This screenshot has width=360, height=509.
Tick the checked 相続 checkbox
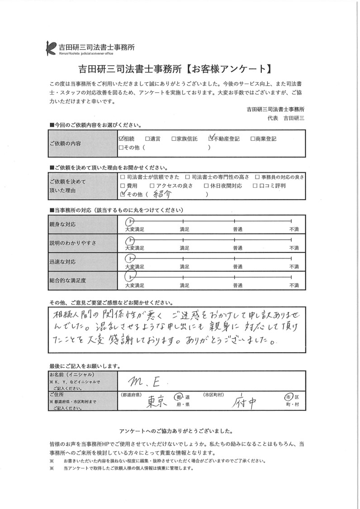click(x=121, y=139)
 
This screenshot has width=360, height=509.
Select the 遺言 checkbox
click(x=147, y=139)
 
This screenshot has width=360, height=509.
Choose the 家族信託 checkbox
click(x=174, y=139)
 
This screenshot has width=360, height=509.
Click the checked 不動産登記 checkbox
click(x=211, y=138)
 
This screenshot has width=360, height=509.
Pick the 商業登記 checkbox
click(x=252, y=139)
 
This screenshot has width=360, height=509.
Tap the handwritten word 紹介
click(x=161, y=194)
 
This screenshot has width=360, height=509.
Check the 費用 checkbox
click(x=123, y=186)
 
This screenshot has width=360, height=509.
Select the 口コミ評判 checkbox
click(x=255, y=186)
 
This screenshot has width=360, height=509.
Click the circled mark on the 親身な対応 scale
click(x=129, y=221)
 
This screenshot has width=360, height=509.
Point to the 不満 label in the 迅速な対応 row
click(x=294, y=266)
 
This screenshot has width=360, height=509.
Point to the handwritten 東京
click(x=157, y=400)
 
